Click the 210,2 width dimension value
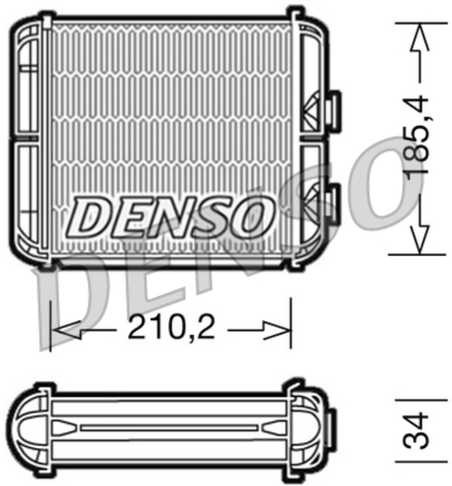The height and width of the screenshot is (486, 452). coord(171,327)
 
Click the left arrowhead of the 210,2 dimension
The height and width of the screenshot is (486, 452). coord(66,330)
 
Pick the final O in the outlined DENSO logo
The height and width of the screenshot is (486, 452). coord(252,217)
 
